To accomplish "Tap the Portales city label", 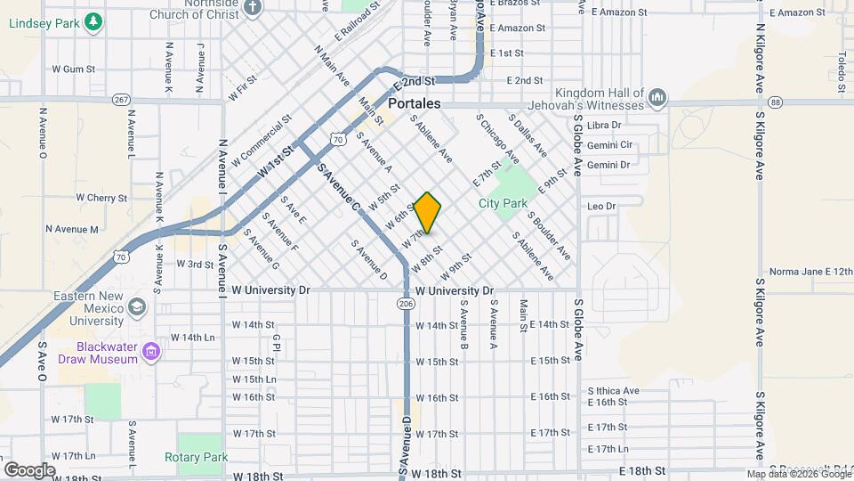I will (415, 104).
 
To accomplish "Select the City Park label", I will (503, 204).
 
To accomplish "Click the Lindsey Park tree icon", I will (92, 23).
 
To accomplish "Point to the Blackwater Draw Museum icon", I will (151, 352).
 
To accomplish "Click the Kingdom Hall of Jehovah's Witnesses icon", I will (657, 96).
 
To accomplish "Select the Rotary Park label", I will (196, 458).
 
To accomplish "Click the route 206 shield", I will (406, 304).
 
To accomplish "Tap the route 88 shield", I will (777, 102).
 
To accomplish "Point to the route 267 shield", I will (122, 99).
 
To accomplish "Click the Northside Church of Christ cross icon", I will (254, 7).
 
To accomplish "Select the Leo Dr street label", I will (601, 206).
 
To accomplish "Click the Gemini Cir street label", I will (609, 144).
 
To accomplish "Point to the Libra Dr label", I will (604, 126).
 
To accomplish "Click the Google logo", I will (29, 469).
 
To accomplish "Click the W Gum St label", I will (73, 69).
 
